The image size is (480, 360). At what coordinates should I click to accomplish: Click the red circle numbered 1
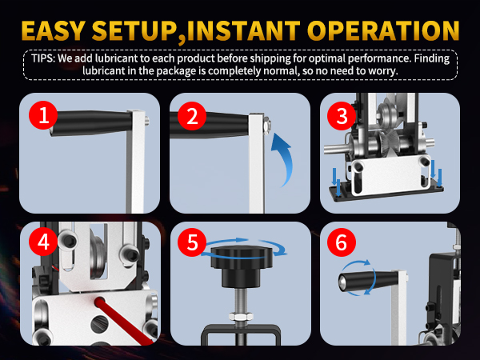coord(43,115)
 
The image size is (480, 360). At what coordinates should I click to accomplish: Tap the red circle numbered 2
coord(192,116)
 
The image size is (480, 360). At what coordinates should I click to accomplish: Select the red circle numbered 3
coord(342,116)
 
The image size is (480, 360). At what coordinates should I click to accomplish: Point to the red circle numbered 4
coord(43,242)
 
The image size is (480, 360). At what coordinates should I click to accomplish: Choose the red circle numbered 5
coord(192,242)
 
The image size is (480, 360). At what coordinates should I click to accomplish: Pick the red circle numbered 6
coord(342,242)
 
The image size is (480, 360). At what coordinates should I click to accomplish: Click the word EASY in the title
coord(53,31)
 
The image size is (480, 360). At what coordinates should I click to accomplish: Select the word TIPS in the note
coord(42,58)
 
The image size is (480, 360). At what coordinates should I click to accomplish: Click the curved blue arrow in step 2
coord(284,159)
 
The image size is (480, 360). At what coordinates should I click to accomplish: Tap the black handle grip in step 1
coord(91,123)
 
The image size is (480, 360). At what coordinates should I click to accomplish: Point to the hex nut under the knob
coord(242,317)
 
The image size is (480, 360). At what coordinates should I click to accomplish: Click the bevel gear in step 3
coord(384,142)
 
